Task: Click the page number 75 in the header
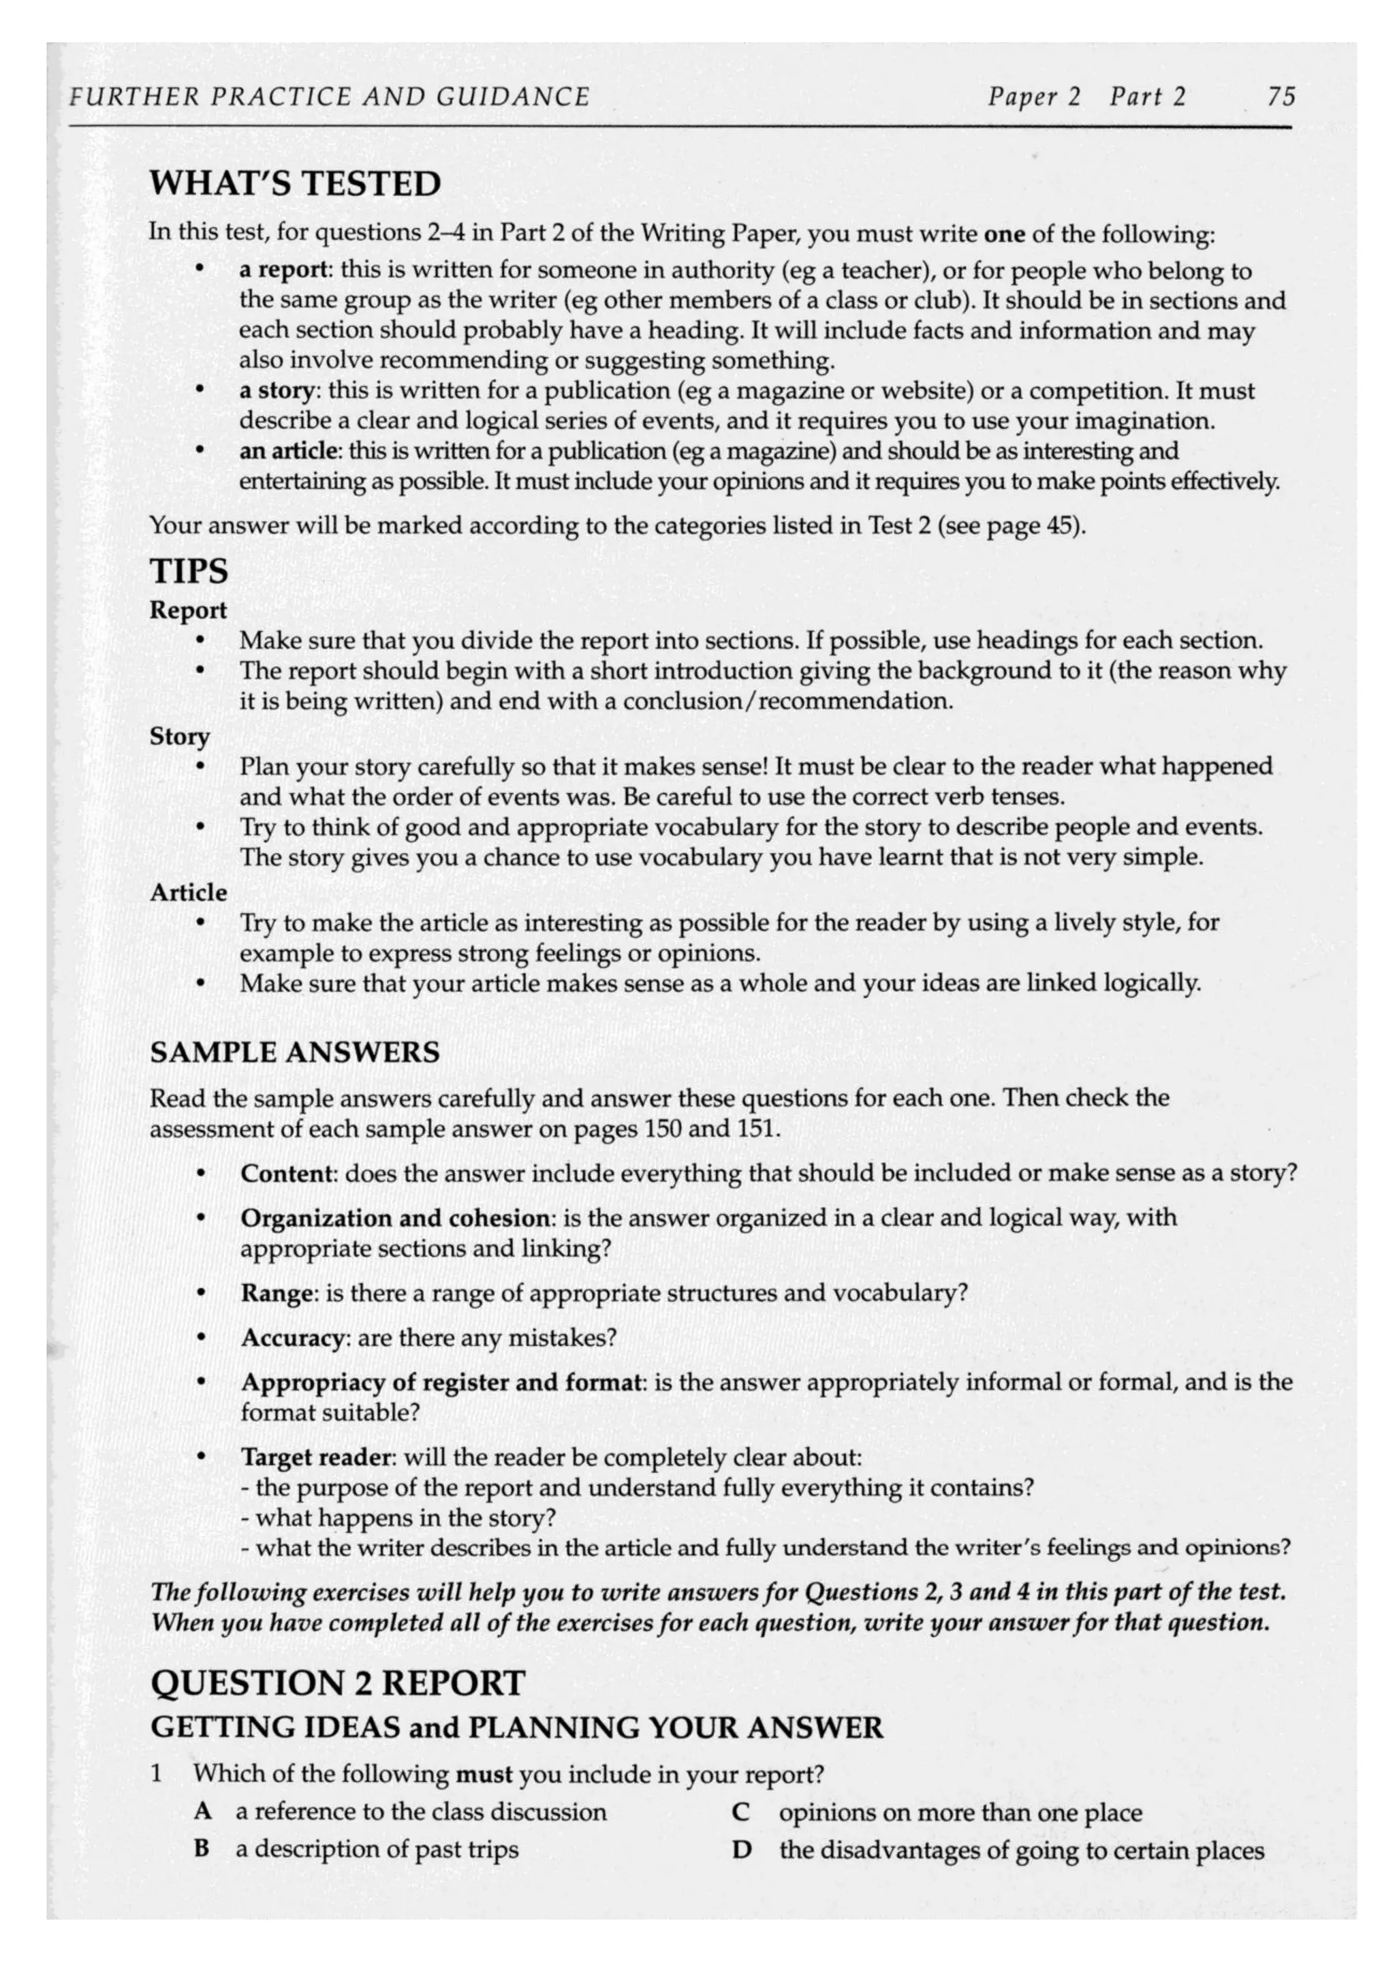tap(1280, 97)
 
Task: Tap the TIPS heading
tap(189, 572)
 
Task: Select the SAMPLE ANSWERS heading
tap(294, 1052)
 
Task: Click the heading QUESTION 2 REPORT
tap(337, 1684)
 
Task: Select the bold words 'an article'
tap(288, 451)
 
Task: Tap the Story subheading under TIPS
tap(180, 736)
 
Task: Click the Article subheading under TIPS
tap(188, 892)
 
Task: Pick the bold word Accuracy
tap(292, 1338)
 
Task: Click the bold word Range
tap(276, 1294)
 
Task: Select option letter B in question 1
tap(202, 1850)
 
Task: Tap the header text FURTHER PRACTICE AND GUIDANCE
tap(329, 97)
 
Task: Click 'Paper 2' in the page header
tap(1034, 97)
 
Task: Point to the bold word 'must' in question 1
tap(484, 1775)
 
